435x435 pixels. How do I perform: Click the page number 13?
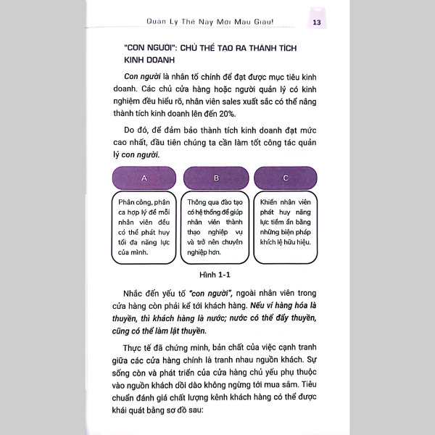pos(317,21)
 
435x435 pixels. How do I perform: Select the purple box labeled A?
pos(144,178)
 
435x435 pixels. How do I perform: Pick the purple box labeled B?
pos(216,178)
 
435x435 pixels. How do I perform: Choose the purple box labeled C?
pos(286,178)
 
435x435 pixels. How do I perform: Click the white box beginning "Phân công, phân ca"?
pos(144,228)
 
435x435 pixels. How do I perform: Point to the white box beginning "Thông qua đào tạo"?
pos(216,228)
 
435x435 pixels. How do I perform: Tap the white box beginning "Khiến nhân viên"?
pos(286,228)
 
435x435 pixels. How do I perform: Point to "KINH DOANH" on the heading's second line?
pos(145,62)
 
